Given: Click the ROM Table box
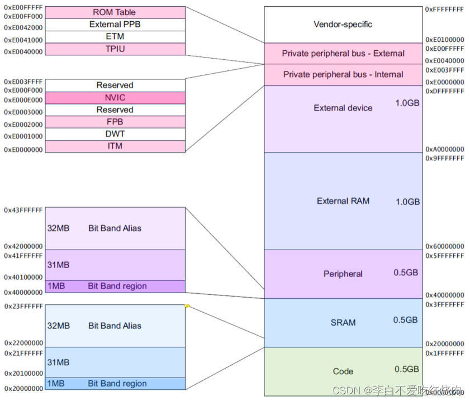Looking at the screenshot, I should (x=114, y=12).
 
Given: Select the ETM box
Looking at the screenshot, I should (x=114, y=37).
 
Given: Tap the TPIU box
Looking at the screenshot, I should (x=114, y=49).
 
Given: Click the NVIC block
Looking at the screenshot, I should (x=114, y=98).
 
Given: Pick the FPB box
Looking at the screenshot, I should (x=114, y=122).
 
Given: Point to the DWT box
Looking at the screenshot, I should (x=114, y=134).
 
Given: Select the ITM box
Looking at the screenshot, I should (x=114, y=146).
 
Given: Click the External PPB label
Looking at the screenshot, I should (x=114, y=25).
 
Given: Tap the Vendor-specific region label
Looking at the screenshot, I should (x=343, y=25).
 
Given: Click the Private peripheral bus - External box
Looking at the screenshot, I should (x=343, y=54).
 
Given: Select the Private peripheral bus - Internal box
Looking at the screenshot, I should (x=343, y=75).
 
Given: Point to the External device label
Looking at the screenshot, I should (x=343, y=108).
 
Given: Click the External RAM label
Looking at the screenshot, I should (x=343, y=201).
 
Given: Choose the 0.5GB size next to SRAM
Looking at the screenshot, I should (x=405, y=320).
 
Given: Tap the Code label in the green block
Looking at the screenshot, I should (x=343, y=371).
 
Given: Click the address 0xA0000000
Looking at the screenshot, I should (x=444, y=149).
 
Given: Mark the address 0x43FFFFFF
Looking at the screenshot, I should (x=23, y=210).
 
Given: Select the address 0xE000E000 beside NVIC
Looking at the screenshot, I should (x=23, y=101).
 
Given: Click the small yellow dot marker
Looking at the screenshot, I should (x=187, y=305).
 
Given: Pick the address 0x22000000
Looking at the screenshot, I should (x=23, y=343).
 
